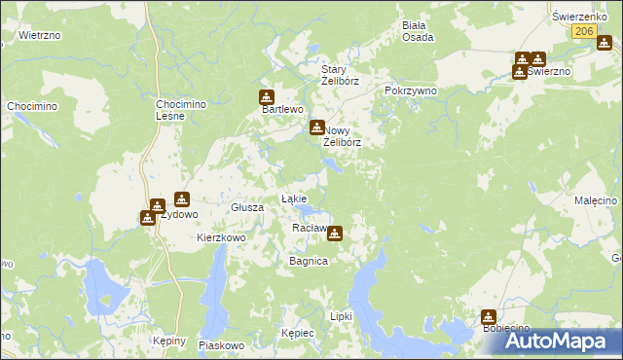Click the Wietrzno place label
tap(40, 35)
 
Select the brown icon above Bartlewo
tap(266, 96)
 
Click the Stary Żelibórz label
tap(341, 75)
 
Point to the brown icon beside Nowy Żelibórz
tap(316, 127)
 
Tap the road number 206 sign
tap(583, 31)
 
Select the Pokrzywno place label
tap(410, 90)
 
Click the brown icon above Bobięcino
tap(488, 316)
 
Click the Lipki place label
tap(340, 316)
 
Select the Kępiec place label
tap(297, 333)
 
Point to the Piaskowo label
tap(220, 345)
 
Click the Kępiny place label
tap(169, 342)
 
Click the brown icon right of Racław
tap(335, 233)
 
